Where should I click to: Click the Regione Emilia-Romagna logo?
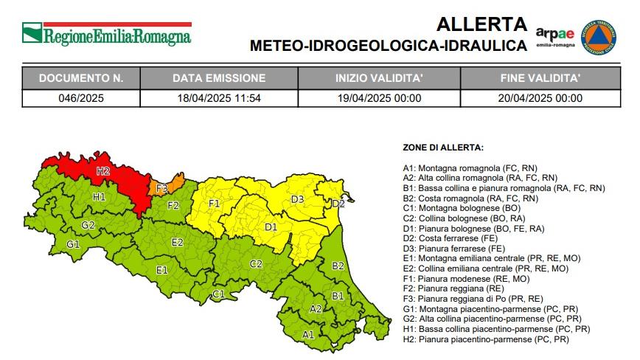point(106,34)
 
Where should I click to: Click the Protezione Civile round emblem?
point(599,37)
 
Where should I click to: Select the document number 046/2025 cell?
point(81,97)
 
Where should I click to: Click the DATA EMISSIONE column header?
point(219,77)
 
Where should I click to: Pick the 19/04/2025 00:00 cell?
point(378,97)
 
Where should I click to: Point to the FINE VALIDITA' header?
point(540,77)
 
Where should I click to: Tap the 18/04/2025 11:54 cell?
point(219,97)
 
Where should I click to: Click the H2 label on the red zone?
point(102,171)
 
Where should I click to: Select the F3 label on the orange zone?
point(162,189)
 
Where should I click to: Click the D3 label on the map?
point(298,199)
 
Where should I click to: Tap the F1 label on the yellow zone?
point(215,203)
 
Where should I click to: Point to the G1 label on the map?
point(73,244)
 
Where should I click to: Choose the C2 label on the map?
point(256,264)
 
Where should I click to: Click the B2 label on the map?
point(338,266)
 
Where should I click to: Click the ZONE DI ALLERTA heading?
point(443,148)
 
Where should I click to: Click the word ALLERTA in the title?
point(482,24)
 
